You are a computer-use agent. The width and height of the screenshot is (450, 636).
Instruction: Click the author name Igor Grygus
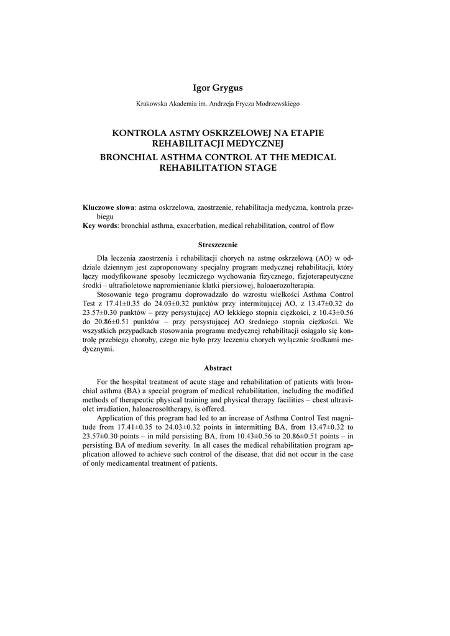(x=218, y=88)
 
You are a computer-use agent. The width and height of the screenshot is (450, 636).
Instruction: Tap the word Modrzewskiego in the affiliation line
(x=273, y=104)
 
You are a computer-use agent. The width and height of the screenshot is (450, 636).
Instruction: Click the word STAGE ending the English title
(x=262, y=168)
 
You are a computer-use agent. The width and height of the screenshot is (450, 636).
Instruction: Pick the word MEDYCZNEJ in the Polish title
(x=257, y=143)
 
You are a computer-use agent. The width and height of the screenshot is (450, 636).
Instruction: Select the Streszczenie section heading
(x=218, y=245)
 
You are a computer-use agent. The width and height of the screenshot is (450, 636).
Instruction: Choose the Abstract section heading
(x=218, y=368)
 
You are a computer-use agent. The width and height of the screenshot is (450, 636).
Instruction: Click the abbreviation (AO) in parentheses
(x=322, y=258)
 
